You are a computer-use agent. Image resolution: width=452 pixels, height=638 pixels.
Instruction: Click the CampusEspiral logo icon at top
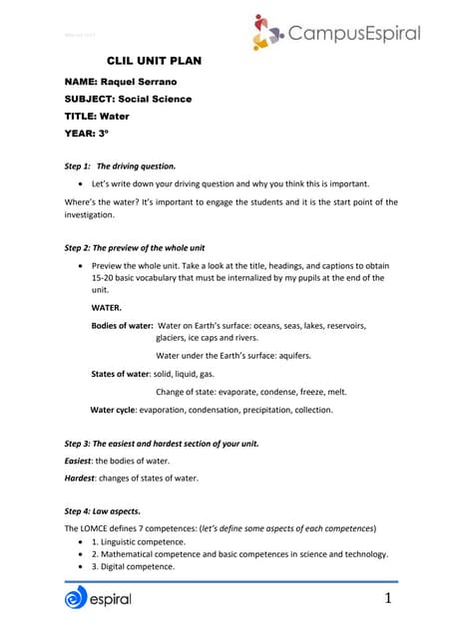coord(267,32)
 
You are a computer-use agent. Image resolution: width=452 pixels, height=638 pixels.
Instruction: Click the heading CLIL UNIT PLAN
coord(154,61)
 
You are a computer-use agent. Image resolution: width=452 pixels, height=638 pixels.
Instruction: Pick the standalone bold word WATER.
coord(109,307)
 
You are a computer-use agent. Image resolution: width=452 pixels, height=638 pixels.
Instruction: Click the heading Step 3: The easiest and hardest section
coord(162,443)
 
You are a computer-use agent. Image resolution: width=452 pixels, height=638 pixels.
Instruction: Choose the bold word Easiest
coord(80,460)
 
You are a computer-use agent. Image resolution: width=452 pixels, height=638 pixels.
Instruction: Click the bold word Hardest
coord(82,478)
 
